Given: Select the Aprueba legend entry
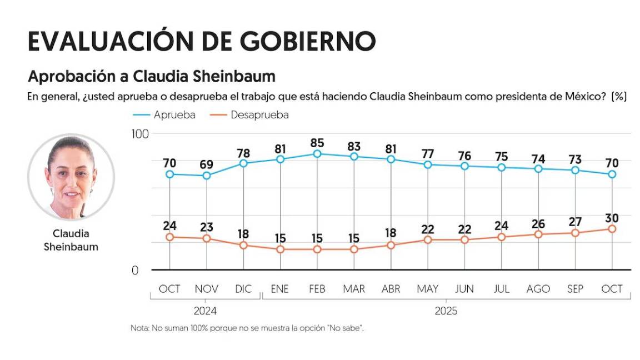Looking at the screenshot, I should [x=164, y=115].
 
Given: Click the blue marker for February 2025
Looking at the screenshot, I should [x=317, y=154].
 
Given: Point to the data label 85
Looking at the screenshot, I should [x=317, y=143].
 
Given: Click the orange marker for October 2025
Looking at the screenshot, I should [x=612, y=229].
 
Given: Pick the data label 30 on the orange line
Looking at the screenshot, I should [x=612, y=218].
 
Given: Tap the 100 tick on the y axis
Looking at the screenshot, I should [x=140, y=134].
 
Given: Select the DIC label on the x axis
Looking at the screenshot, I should [x=243, y=289].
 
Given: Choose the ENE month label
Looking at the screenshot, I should [x=280, y=289].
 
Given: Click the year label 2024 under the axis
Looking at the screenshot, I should [x=206, y=311].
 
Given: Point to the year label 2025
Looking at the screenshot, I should [x=446, y=311].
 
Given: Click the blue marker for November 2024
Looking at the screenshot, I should [x=207, y=176].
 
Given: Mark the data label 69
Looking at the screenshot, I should [x=207, y=165].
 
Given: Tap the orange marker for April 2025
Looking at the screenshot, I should [x=391, y=245].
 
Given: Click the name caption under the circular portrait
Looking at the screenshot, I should [x=71, y=240].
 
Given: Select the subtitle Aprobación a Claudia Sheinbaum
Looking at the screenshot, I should [x=151, y=76].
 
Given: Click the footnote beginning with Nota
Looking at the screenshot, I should [x=247, y=328].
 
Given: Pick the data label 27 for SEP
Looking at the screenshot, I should [x=575, y=222].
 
